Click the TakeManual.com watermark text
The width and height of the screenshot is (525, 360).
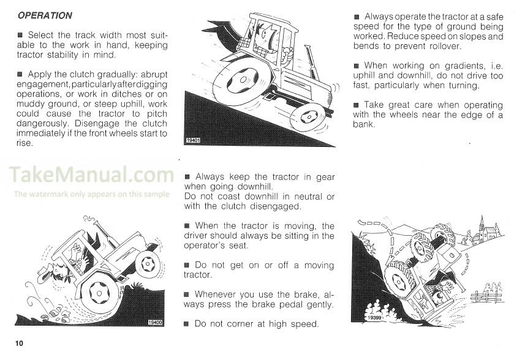coord(92,175)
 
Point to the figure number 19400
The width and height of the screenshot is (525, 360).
coord(156,322)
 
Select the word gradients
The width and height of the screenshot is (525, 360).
coord(452,66)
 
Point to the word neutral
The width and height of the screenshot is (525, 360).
coord(304,197)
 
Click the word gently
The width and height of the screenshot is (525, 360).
coord(317,304)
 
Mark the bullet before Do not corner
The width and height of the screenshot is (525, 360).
coord(187,324)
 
